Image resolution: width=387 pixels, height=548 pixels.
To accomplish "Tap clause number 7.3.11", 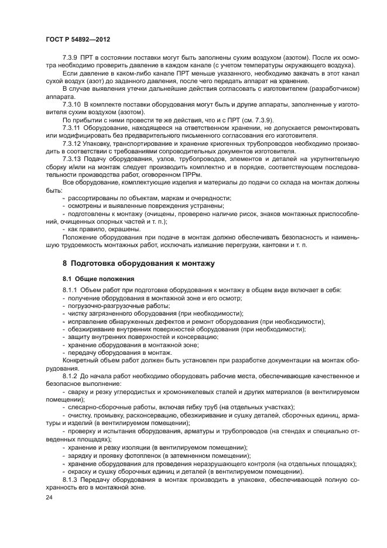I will click(x=74, y=126).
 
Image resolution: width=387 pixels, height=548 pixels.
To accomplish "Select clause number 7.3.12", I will click(x=74, y=142).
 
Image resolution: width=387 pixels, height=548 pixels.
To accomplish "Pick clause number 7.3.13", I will click(x=74, y=158).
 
